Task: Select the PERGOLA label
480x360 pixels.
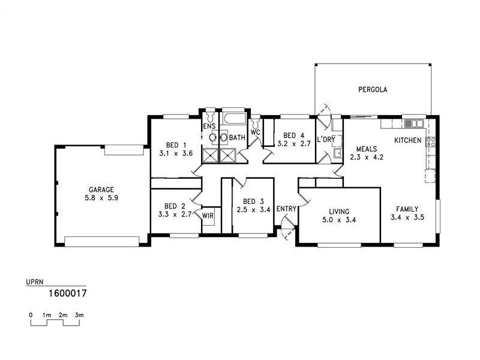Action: [373, 89]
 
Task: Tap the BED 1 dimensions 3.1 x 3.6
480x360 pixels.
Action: [176, 154]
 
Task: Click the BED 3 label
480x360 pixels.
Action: [250, 201]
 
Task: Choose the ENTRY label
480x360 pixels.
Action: [286, 209]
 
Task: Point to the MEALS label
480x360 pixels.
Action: [366, 149]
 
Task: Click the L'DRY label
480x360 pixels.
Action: [326, 139]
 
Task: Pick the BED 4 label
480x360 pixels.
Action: [294, 135]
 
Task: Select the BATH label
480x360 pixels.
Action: [237, 137]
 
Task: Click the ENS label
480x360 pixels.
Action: [208, 127]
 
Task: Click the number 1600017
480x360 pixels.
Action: [67, 294]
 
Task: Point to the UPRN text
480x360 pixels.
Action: [34, 281]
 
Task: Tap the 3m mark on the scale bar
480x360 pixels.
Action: [79, 314]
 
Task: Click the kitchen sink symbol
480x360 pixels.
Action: [415, 124]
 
